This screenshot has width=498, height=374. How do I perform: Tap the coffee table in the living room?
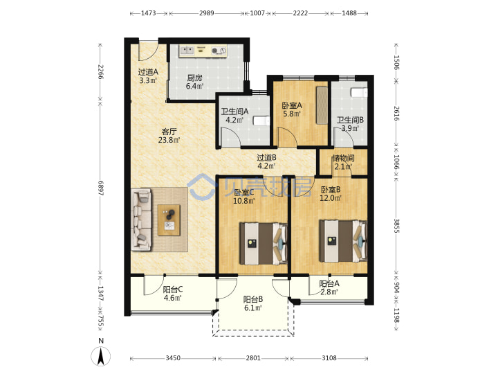click(169, 220)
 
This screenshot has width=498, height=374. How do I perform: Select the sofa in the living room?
click(141, 219)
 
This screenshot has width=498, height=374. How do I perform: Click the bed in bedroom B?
click(343, 241)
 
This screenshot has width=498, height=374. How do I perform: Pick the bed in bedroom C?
click(264, 244)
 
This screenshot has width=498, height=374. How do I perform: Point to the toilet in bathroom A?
click(261, 121)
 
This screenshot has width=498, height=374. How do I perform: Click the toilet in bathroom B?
click(359, 92)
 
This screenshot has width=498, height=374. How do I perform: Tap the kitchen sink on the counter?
click(187, 51)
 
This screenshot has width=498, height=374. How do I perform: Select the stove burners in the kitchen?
click(219, 51)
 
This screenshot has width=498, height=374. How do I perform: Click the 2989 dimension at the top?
click(206, 13)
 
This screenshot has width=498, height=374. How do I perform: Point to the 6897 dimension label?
click(101, 188)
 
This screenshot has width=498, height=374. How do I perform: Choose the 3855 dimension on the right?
click(397, 226)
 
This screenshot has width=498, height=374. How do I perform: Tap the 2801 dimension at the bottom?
click(253, 358)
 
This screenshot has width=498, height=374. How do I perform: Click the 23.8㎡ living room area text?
click(169, 140)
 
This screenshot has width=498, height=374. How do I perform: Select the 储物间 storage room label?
click(343, 158)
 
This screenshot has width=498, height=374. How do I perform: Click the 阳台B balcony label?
click(253, 299)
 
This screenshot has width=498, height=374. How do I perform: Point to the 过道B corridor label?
click(266, 157)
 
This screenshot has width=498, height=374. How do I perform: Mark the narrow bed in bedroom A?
click(322, 105)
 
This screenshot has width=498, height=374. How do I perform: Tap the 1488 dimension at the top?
click(349, 13)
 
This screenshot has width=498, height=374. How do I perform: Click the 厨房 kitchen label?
click(194, 78)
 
